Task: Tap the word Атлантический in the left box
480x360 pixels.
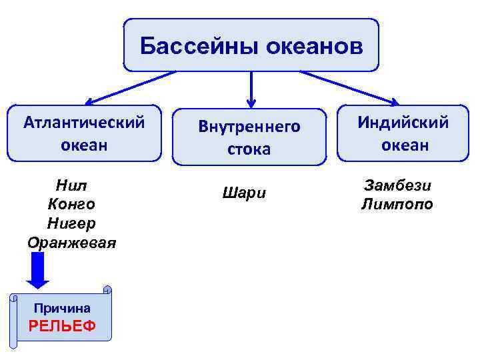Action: click(84, 123)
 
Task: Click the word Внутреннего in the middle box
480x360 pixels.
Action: click(249, 127)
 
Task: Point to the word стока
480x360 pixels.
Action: click(249, 149)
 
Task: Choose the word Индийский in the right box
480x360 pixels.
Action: click(403, 123)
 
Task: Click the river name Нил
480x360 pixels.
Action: click(72, 185)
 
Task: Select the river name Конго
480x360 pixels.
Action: click(72, 203)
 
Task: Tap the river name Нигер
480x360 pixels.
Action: click(72, 222)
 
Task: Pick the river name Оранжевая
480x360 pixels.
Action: click(72, 242)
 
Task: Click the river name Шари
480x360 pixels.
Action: click(243, 194)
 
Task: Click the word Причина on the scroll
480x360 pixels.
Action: click(62, 308)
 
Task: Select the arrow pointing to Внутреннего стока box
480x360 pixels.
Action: click(251, 90)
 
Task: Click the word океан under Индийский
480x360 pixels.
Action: click(405, 145)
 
